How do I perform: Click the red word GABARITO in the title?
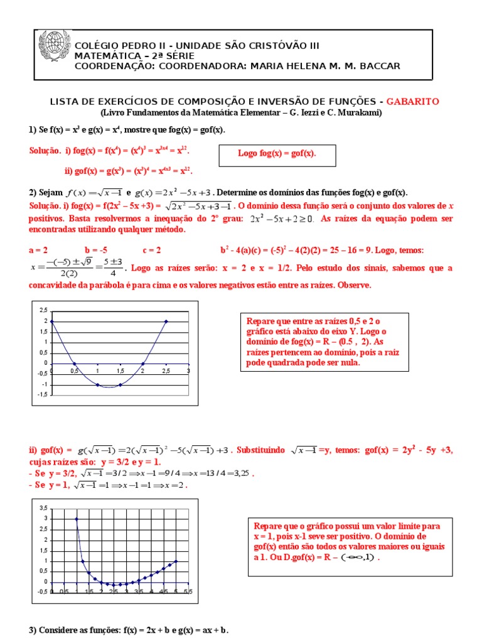(412, 101)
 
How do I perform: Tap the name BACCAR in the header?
(377, 66)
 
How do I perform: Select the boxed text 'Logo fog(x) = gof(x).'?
(277, 153)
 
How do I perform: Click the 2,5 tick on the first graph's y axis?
(43, 310)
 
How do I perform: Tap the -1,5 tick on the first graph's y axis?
(42, 394)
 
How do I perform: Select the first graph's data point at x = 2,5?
(166, 321)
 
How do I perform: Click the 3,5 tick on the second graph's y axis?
(43, 507)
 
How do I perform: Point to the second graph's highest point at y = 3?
(77, 519)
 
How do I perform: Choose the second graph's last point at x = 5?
(176, 561)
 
